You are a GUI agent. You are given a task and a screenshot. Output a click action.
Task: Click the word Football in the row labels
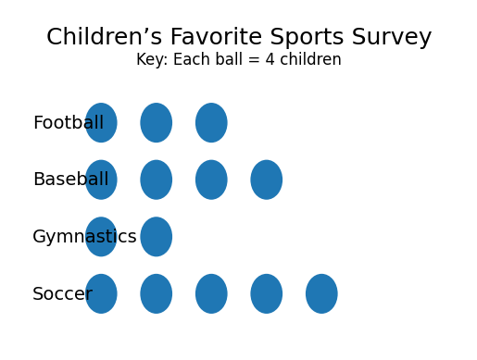pyautogui.click(x=69, y=122)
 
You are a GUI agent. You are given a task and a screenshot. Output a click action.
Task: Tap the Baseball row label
pyautogui.click(x=71, y=180)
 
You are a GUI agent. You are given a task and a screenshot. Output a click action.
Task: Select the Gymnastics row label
pyautogui.click(x=84, y=237)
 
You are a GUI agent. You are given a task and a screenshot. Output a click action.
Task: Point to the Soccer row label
pyautogui.click(x=62, y=293)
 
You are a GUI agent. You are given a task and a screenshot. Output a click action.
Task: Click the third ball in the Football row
pyautogui.click(x=211, y=123)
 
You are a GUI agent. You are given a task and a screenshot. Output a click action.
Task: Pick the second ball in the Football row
pyautogui.click(x=157, y=123)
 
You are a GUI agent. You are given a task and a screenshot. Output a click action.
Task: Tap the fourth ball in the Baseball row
pyautogui.click(x=267, y=180)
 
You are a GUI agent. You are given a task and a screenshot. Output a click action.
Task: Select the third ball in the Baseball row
pyautogui.click(x=211, y=180)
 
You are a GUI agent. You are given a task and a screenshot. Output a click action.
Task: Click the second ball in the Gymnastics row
pyautogui.click(x=157, y=237)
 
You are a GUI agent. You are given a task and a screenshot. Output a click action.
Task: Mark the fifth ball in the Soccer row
pyautogui.click(x=321, y=293)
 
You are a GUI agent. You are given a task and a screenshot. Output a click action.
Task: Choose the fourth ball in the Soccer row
pyautogui.click(x=267, y=293)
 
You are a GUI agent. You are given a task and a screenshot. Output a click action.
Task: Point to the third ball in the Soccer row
pyautogui.click(x=211, y=293)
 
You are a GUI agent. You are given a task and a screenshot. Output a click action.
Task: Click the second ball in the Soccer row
pyautogui.click(x=157, y=293)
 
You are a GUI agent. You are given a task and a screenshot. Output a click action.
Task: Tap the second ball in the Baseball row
pyautogui.click(x=157, y=180)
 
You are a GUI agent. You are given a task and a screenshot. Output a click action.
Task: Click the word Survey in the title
pyautogui.click(x=392, y=38)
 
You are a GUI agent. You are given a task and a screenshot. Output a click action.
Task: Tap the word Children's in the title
pyautogui.click(x=105, y=36)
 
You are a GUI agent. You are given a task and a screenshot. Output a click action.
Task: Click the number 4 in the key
pyautogui.click(x=270, y=59)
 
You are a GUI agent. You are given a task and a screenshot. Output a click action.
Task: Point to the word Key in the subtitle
pyautogui.click(x=152, y=59)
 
